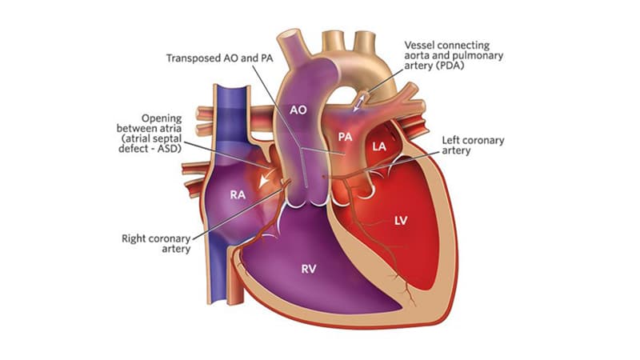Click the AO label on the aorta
pyautogui.click(x=298, y=110)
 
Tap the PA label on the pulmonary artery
pyautogui.click(x=345, y=137)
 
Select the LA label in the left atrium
pyautogui.click(x=379, y=146)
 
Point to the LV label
pyautogui.click(x=401, y=221)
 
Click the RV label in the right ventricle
pyautogui.click(x=309, y=269)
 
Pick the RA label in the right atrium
pyautogui.click(x=238, y=194)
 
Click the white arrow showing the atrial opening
pyautogui.click(x=266, y=178)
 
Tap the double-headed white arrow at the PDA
pyautogui.click(x=358, y=102)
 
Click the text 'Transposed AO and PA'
pyautogui.click(x=219, y=58)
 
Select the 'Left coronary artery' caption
pyautogui.click(x=473, y=146)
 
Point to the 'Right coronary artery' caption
pyautogui.click(x=156, y=244)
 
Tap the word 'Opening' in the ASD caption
pyautogui.click(x=162, y=118)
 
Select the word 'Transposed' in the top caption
pyautogui.click(x=194, y=58)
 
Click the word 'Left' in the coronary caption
pyautogui.click(x=451, y=141)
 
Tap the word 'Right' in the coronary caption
pyautogui.click(x=133, y=238)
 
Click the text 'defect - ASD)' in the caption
pyautogui.click(x=150, y=149)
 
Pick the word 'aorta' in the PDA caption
pyautogui.click(x=417, y=55)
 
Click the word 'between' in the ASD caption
pyautogui.click(x=134, y=129)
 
